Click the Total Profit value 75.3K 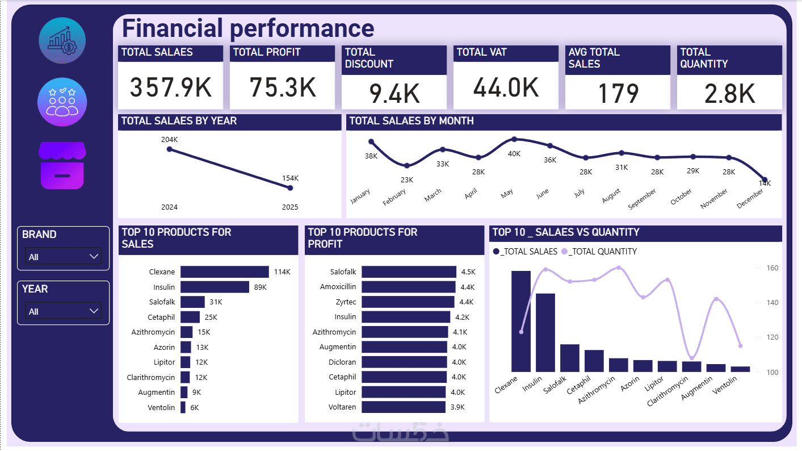tap(283, 87)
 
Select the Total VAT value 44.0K tap(506, 87)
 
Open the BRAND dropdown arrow tap(94, 257)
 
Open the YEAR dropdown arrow tap(94, 311)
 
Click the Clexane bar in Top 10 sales tap(224, 272)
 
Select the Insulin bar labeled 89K tap(215, 287)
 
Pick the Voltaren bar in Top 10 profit tap(403, 407)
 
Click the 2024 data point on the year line tap(169, 149)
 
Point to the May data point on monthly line tap(514, 139)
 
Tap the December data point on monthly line tap(765, 180)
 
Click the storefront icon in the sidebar tap(62, 165)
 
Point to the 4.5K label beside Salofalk tap(468, 272)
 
